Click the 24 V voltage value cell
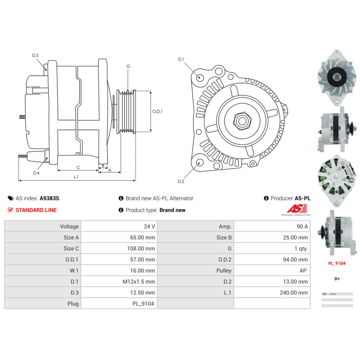[149, 226]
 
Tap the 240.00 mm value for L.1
[294, 293]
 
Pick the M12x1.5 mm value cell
[139, 282]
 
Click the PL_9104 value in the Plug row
[143, 304]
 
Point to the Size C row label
[71, 248]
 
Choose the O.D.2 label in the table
[225, 260]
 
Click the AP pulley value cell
[303, 270]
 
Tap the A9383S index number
[49, 198]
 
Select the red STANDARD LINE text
[36, 210]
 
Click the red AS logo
[297, 208]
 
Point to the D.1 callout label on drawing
[181, 59]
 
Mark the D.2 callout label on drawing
[181, 181]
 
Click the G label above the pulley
[128, 66]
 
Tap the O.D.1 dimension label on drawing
[157, 112]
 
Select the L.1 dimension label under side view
[76, 177]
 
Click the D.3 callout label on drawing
[35, 55]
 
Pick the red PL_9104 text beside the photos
[337, 264]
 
